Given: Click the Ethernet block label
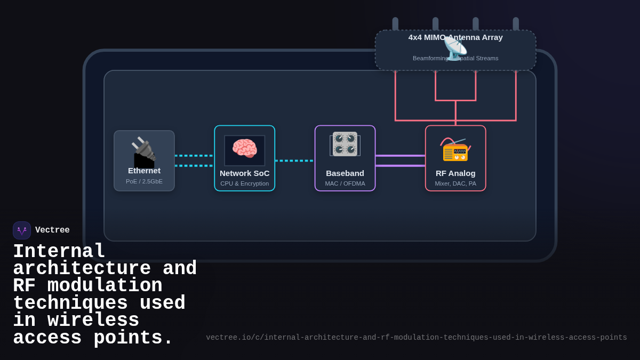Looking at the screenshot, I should (x=144, y=171).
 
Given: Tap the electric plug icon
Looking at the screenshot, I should (x=143, y=152).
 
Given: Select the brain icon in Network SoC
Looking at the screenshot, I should (x=244, y=149).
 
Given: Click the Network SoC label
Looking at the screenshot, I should (x=245, y=173).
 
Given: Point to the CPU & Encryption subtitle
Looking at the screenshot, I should (x=245, y=183).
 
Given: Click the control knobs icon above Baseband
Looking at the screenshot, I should (x=345, y=144).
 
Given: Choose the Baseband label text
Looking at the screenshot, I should (x=345, y=173).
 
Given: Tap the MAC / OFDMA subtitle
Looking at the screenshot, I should (x=345, y=183).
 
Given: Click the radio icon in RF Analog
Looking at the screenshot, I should (x=455, y=149).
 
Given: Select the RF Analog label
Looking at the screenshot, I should (x=455, y=173).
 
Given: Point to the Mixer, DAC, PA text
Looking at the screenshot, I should (x=455, y=183).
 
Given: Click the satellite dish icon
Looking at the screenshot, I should (x=455, y=49).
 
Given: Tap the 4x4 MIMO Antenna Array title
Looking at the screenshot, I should (x=455, y=37).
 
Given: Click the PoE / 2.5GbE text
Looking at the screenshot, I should (x=144, y=181).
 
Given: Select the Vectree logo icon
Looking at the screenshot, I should (x=22, y=230).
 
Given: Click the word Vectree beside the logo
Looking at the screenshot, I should (x=52, y=230).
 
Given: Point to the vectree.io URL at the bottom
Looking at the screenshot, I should (x=417, y=338).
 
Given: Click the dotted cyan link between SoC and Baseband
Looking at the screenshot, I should (x=294, y=161).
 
